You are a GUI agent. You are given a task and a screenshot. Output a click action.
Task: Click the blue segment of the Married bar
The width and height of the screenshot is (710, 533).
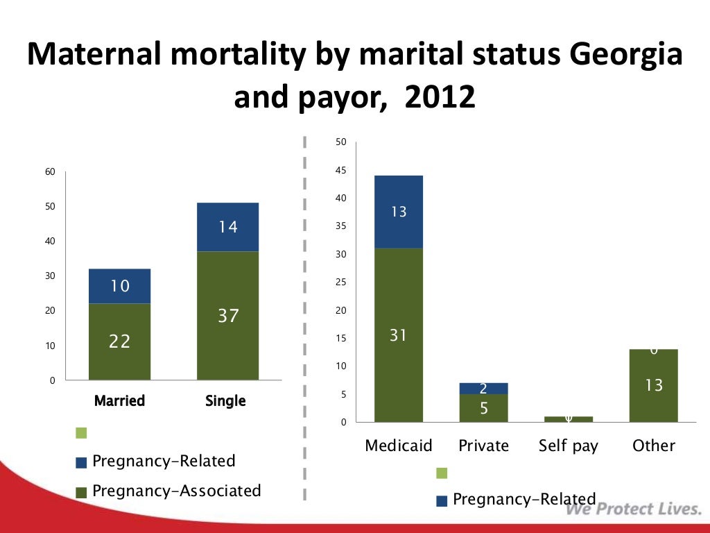pyautogui.click(x=119, y=286)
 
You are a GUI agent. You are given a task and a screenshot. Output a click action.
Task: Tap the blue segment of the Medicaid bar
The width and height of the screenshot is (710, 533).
pyautogui.click(x=399, y=212)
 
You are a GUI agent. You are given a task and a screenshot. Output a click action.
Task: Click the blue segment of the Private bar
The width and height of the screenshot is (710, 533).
pyautogui.click(x=483, y=389)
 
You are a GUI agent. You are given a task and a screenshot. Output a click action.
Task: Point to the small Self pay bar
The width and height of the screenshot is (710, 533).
pyautogui.click(x=569, y=419)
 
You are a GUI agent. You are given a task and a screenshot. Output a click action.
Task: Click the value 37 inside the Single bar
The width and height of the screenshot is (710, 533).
pyautogui.click(x=228, y=316)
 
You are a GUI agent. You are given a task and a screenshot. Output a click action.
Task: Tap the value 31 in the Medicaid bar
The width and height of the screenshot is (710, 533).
pyautogui.click(x=398, y=336)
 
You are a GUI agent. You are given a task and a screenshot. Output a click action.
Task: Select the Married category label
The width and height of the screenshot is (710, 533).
pyautogui.click(x=119, y=401)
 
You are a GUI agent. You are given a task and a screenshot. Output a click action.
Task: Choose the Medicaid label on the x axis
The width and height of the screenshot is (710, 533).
pyautogui.click(x=399, y=446)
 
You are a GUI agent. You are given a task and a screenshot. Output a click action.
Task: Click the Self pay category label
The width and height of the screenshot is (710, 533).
pyautogui.click(x=568, y=446)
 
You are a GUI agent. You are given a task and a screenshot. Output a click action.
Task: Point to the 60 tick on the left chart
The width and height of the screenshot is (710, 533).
pyautogui.click(x=51, y=171)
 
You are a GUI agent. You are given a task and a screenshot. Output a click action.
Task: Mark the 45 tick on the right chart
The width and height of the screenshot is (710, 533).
pyautogui.click(x=340, y=171)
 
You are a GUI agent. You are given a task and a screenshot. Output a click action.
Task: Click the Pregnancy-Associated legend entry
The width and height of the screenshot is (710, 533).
pyautogui.click(x=176, y=491)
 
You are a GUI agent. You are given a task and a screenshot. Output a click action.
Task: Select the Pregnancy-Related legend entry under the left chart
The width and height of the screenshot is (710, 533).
pyautogui.click(x=164, y=462)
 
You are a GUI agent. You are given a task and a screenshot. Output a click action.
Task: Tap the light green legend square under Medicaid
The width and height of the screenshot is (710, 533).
pyautogui.click(x=442, y=473)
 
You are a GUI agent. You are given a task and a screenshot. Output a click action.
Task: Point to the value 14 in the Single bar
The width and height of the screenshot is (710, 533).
pyautogui.click(x=228, y=227)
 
